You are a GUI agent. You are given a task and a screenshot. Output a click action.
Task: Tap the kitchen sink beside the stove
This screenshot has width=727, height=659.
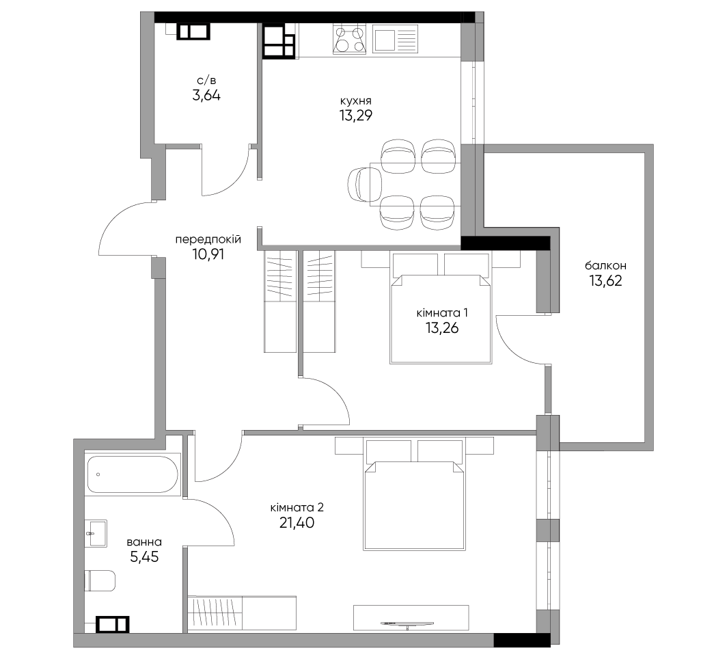click(x=395, y=40)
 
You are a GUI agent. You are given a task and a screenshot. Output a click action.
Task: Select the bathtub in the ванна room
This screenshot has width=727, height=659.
click(x=133, y=474)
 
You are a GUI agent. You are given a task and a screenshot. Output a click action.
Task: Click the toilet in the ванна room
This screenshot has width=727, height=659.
click(x=100, y=580)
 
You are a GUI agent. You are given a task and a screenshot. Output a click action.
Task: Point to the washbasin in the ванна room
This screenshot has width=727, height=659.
click(x=96, y=533)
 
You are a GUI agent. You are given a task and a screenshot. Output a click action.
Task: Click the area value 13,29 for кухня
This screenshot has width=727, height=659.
click(x=355, y=116)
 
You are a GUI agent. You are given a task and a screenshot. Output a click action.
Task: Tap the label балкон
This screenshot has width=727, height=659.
click(x=605, y=266)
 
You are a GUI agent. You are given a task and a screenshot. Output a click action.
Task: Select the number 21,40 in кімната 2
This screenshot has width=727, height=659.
click(x=297, y=523)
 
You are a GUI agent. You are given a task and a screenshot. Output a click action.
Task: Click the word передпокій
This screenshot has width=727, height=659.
click(x=208, y=240)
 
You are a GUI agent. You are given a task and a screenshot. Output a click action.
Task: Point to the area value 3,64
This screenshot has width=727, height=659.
click(x=206, y=96)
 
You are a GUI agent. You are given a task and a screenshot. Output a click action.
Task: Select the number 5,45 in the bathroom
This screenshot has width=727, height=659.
click(x=144, y=556)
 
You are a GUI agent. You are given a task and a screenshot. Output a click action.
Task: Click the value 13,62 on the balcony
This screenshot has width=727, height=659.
click(x=605, y=280)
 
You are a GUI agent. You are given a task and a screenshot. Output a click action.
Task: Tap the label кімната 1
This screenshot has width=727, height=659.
click(x=442, y=313)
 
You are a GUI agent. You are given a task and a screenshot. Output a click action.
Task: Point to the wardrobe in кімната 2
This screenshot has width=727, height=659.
click(x=242, y=613)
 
